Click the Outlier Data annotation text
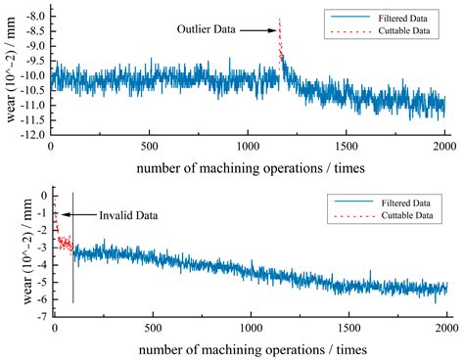[x=208, y=29]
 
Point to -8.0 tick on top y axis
[x=34, y=18]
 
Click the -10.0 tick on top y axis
[x=32, y=74]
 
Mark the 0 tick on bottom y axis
[x=41, y=196]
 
